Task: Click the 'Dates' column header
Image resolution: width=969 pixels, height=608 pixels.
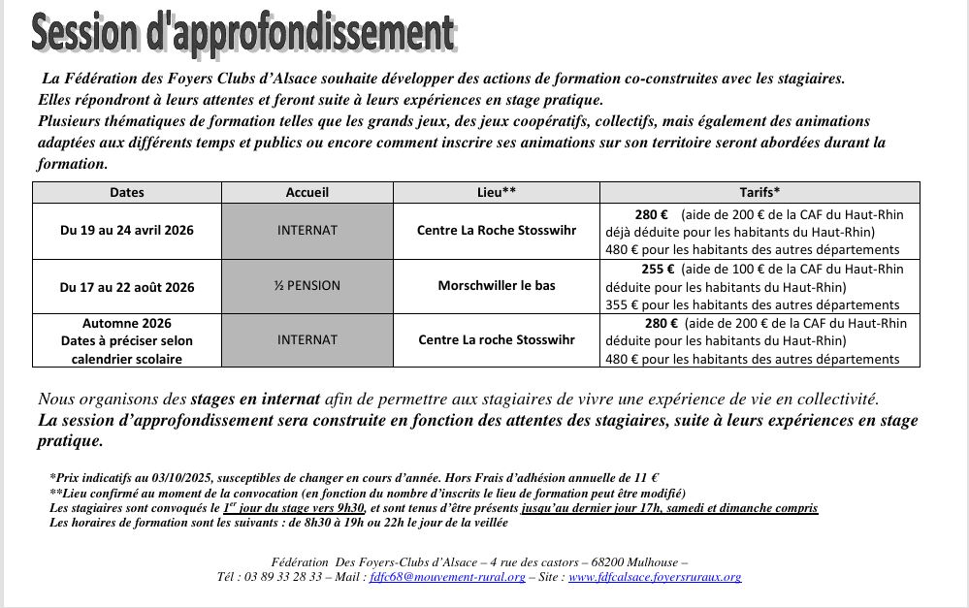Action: click(x=127, y=192)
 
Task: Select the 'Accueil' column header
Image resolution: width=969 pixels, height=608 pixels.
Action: click(x=307, y=192)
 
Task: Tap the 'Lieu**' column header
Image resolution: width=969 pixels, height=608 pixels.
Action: click(x=496, y=192)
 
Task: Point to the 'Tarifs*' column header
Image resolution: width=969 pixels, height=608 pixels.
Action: click(x=759, y=192)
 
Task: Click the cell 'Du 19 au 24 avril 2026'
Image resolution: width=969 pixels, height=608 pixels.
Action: click(x=127, y=231)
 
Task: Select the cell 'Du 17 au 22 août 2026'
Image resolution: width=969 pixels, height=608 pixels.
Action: click(x=127, y=287)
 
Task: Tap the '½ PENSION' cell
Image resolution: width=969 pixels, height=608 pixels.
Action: click(x=307, y=287)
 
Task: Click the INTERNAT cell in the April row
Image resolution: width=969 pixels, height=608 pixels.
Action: click(x=307, y=231)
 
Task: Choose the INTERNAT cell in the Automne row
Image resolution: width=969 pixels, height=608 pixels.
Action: click(x=307, y=340)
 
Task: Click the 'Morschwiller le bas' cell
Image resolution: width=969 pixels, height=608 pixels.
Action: click(x=496, y=287)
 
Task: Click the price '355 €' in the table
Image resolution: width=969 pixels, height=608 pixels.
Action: click(x=621, y=304)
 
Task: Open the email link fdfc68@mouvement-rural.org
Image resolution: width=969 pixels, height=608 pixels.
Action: click(x=447, y=577)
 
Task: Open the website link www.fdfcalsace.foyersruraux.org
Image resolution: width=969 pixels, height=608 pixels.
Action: click(x=655, y=577)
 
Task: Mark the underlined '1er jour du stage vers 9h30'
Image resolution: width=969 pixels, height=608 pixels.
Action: click(x=293, y=508)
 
